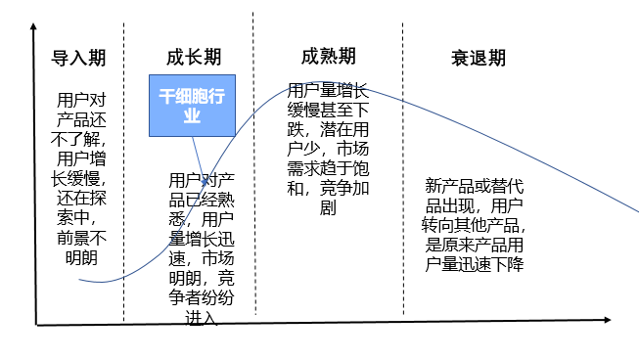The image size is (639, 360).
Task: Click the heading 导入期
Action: coord(78,58)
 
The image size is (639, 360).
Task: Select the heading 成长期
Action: coord(193,58)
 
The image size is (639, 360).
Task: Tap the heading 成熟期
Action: coord(328,56)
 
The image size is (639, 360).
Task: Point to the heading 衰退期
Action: coord(479,58)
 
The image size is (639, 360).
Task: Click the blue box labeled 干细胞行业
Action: coord(193,105)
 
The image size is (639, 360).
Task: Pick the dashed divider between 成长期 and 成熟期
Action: coord(252,166)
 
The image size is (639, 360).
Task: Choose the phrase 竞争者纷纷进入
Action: coord(200,298)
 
